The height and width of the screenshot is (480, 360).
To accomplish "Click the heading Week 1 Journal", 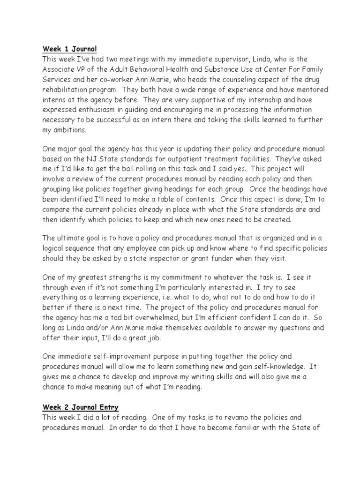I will tap(69, 48).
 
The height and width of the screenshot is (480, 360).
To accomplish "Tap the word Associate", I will tap(60, 69).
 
